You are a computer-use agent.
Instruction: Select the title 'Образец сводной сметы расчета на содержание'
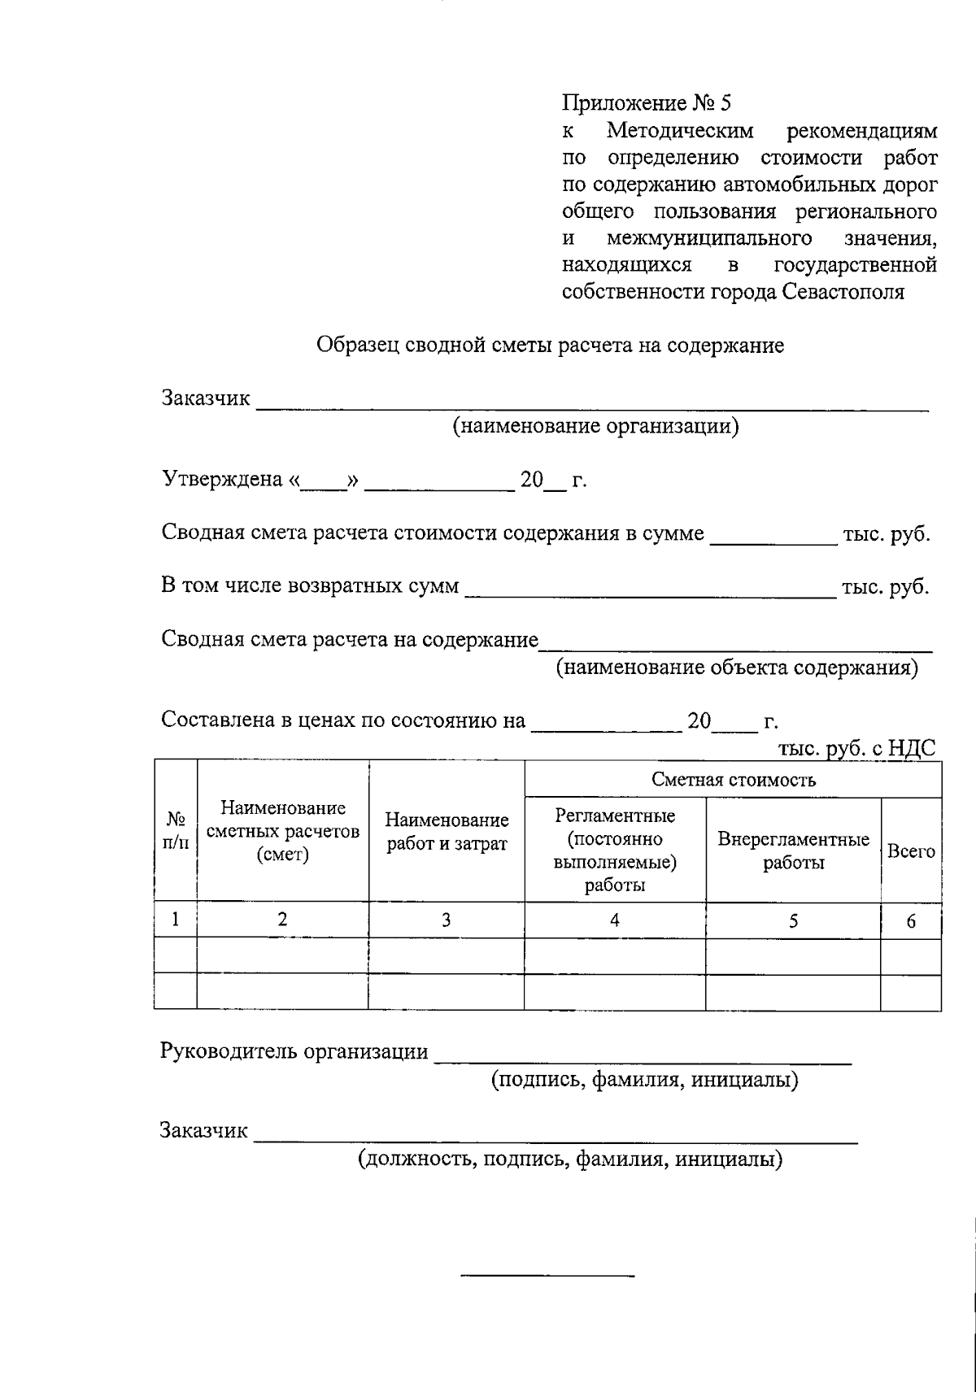click(550, 346)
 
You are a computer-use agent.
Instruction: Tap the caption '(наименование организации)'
click(595, 426)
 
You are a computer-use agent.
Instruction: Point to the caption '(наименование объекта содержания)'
click(737, 668)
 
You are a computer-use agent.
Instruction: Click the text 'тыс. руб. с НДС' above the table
click(856, 748)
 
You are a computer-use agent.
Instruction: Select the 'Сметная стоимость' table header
click(733, 781)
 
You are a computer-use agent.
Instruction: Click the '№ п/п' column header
click(175, 831)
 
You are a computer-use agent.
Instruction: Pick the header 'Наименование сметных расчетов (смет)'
click(282, 831)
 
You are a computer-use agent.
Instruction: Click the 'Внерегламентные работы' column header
click(793, 850)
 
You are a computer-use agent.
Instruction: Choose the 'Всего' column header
click(911, 851)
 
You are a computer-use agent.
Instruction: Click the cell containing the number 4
click(615, 920)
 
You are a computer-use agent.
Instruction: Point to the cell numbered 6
click(911, 921)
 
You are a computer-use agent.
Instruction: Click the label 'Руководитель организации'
click(294, 1051)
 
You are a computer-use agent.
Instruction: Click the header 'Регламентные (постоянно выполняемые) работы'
click(615, 850)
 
